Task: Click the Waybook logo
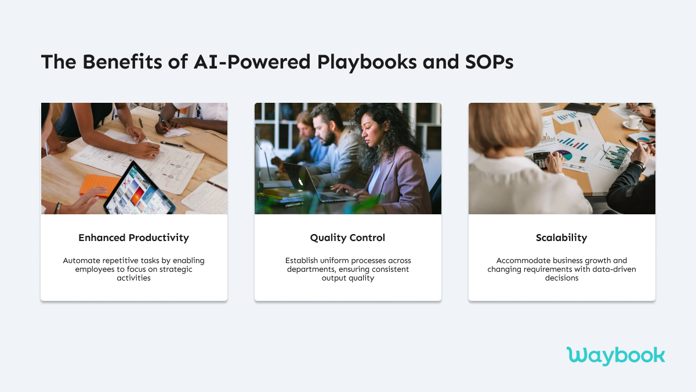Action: click(x=615, y=355)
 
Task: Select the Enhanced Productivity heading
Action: click(x=134, y=238)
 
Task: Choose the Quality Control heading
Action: click(x=347, y=238)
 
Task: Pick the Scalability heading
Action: click(x=561, y=238)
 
